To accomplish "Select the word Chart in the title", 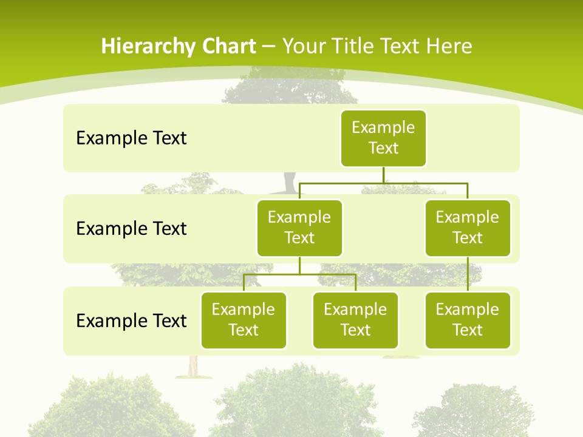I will pos(225,47).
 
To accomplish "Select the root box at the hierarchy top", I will pos(383,138).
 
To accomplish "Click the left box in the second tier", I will pos(299,228).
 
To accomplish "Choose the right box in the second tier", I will pos(468,228).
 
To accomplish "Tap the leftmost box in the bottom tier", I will pos(244,320).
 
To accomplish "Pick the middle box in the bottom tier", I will pos(355,320).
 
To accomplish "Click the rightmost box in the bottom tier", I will pos(468,320).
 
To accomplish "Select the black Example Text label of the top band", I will pos(131,138).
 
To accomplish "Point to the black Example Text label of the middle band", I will pos(131,229).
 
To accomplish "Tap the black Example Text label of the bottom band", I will pos(131,320).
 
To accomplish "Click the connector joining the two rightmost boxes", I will pos(468,274).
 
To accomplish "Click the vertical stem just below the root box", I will pos(383,175).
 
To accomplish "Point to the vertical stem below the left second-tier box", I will pos(299,265).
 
